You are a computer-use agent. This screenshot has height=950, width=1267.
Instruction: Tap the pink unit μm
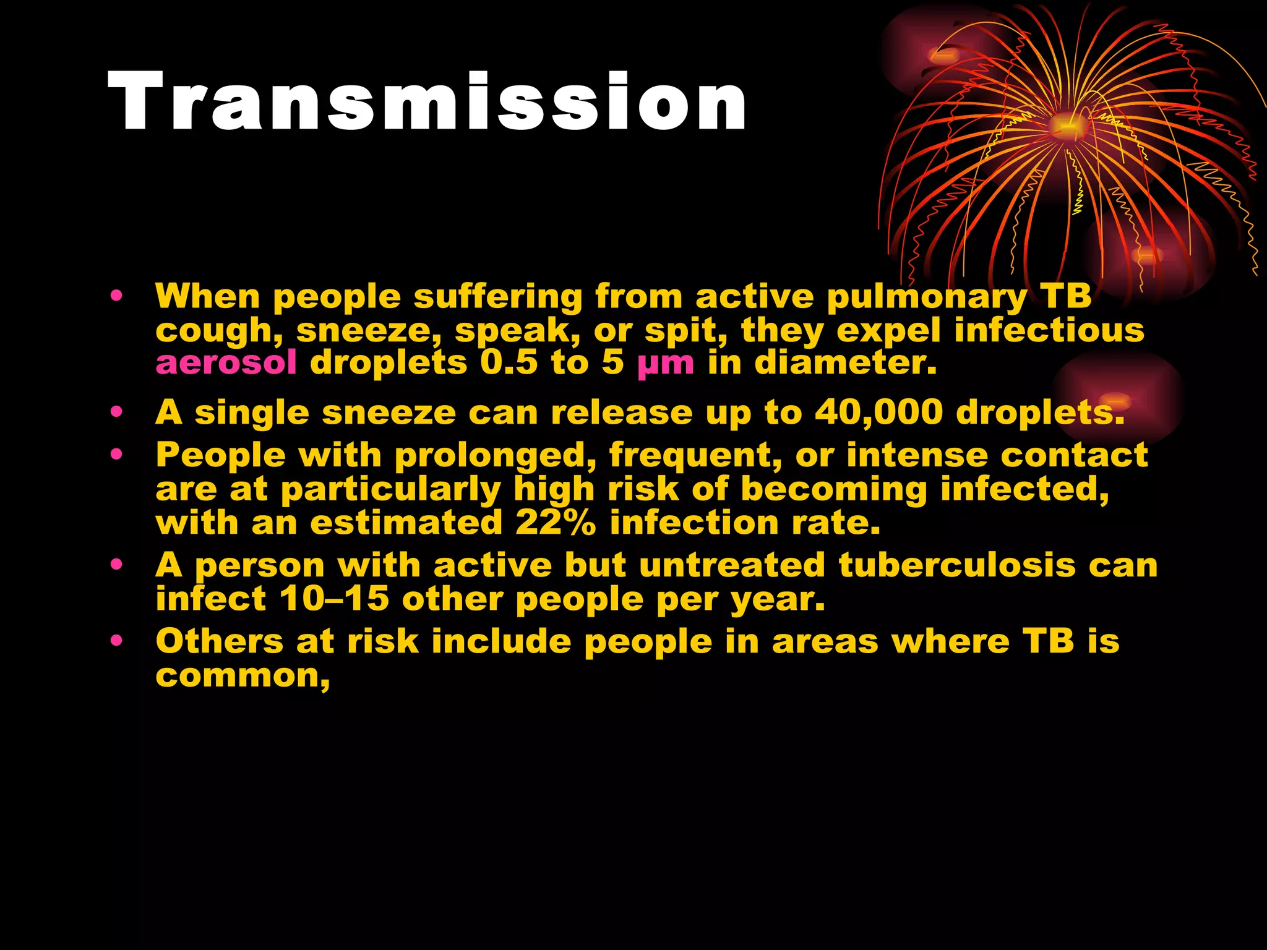click(666, 364)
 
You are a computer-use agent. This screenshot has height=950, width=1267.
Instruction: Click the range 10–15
click(334, 599)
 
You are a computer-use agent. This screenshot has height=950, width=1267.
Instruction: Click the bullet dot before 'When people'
click(116, 296)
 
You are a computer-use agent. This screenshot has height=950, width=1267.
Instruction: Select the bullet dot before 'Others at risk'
click(116, 641)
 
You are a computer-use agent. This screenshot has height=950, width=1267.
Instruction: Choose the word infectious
click(1049, 330)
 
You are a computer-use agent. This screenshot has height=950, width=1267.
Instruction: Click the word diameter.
click(845, 362)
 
